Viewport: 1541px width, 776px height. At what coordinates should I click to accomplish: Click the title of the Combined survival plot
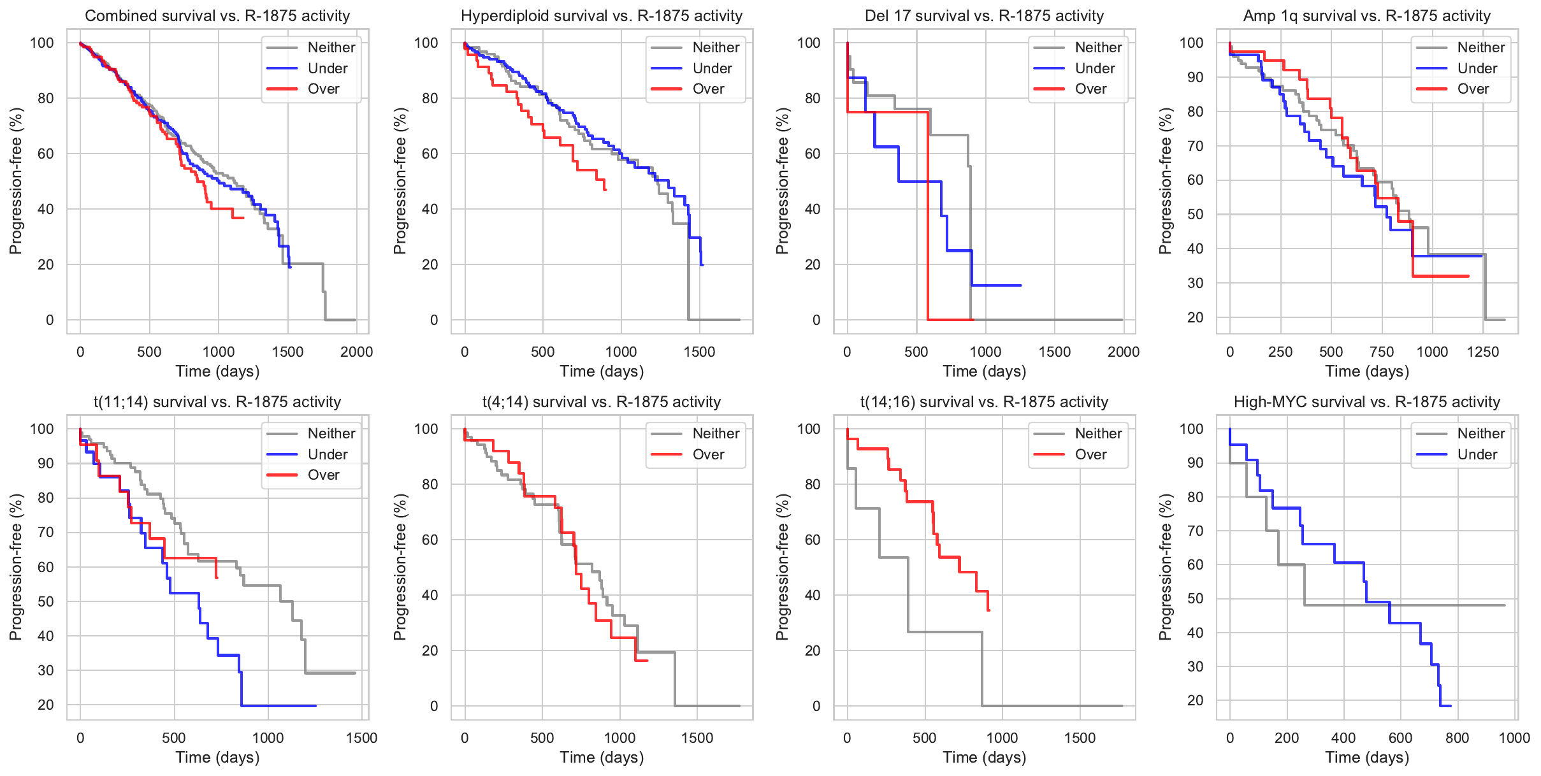tap(217, 15)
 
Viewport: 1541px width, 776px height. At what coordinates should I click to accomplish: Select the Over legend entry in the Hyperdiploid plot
tap(708, 89)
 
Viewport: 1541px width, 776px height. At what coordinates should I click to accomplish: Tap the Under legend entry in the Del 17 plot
tap(1094, 68)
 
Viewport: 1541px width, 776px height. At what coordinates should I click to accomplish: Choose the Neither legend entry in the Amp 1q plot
tap(1481, 47)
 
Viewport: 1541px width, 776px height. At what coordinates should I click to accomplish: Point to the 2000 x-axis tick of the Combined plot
tap(356, 352)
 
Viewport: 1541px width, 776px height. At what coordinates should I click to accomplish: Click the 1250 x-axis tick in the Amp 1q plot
tap(1482, 352)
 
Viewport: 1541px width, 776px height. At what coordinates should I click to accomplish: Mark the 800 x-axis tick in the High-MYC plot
tap(1457, 738)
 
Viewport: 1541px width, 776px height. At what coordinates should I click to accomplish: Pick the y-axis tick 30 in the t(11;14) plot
tap(46, 670)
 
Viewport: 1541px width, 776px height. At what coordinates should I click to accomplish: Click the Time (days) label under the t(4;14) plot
tap(602, 758)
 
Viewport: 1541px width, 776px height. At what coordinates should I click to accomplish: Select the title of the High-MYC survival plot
tap(1367, 402)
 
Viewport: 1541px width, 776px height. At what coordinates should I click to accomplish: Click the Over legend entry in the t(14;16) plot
tap(1090, 454)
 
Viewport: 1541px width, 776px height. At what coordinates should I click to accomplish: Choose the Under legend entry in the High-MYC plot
tap(1477, 454)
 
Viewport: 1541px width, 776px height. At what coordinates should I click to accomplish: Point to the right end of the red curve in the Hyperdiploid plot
tap(605, 190)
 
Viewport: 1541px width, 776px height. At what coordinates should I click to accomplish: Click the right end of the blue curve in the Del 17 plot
tap(1021, 285)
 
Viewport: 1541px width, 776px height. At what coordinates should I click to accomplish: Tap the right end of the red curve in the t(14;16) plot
tap(988, 610)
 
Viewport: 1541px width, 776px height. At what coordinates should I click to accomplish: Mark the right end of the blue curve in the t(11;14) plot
tap(315, 705)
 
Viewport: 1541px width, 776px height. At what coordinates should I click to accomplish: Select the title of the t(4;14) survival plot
tap(602, 402)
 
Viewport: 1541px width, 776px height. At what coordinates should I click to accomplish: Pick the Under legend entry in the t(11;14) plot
tap(328, 454)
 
